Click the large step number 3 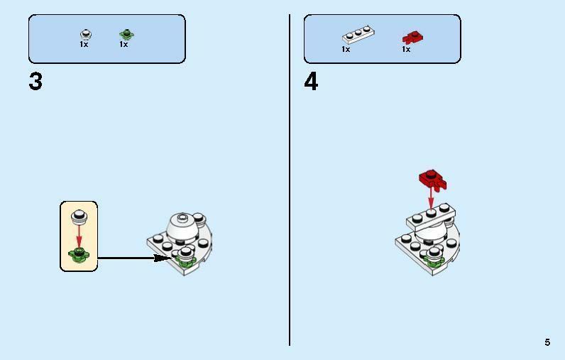(x=35, y=82)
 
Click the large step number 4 (x=311, y=82)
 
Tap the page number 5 (x=547, y=342)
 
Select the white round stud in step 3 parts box (x=86, y=35)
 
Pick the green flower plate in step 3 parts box (x=126, y=35)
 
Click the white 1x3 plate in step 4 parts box (x=358, y=35)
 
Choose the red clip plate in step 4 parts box (x=413, y=38)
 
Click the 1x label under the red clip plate (x=406, y=49)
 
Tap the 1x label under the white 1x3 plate (x=346, y=49)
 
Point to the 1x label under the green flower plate (x=124, y=44)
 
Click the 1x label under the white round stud (x=84, y=44)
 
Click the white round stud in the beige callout (x=79, y=217)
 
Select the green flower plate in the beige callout (x=79, y=255)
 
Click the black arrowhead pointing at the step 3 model (x=161, y=258)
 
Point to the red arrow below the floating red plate (x=431, y=197)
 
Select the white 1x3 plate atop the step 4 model (x=431, y=217)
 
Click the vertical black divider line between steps (x=290, y=180)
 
